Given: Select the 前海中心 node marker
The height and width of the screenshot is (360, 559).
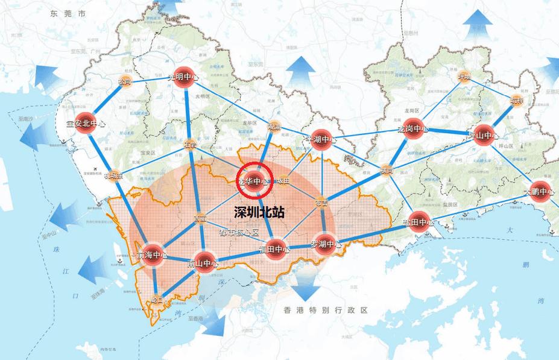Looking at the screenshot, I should point(152,255).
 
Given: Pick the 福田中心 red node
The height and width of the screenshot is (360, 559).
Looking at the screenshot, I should point(274,248).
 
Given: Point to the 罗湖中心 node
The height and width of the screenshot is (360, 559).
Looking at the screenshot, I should point(326,245).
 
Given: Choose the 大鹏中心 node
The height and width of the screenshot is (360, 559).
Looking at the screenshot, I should point(539,192).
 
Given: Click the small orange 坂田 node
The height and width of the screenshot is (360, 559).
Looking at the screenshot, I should point(283,180).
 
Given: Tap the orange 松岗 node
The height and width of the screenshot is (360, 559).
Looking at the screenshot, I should point(125,81).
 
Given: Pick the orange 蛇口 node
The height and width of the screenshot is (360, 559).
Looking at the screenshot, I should point(157,299).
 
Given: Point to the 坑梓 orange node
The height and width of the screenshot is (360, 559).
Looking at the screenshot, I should point(517,100).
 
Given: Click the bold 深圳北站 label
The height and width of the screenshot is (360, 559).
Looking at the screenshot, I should point(259,213).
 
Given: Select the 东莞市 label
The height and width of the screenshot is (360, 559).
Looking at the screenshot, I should point(68,13).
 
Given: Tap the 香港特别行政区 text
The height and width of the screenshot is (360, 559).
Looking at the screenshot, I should point(326,310).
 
